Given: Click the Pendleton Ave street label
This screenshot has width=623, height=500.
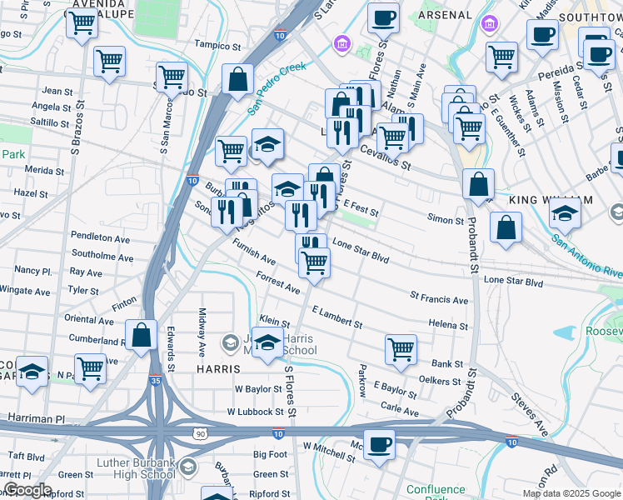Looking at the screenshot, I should pyautogui.click(x=100, y=238).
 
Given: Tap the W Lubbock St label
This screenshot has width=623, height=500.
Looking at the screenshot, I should pyautogui.click(x=258, y=412).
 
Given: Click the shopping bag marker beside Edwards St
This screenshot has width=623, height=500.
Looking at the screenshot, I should pyautogui.click(x=142, y=335).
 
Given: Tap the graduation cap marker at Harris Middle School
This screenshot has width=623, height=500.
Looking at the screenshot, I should pyautogui.click(x=267, y=343).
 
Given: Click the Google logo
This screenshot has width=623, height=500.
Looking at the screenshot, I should pyautogui.click(x=27, y=490).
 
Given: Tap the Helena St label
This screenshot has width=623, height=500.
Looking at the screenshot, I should pyautogui.click(x=448, y=326).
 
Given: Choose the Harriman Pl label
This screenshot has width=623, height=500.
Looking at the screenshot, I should pyautogui.click(x=36, y=416).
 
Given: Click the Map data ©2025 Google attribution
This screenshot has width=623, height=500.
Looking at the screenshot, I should pyautogui.click(x=571, y=492).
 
